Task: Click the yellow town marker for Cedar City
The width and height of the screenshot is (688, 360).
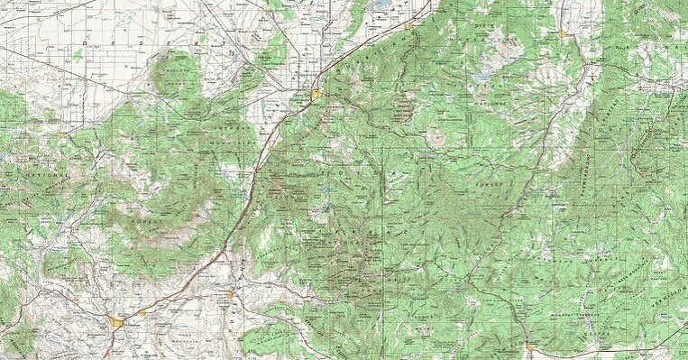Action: (x=317, y=93)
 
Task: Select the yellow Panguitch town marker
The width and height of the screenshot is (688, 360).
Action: (x=563, y=34)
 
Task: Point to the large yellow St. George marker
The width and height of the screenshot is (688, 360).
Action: (x=117, y=320)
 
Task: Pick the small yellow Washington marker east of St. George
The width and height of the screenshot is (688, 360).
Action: (x=142, y=312)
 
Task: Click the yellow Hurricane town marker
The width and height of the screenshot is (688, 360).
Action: (x=230, y=294)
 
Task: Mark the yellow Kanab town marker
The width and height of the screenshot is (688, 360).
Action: (x=528, y=346)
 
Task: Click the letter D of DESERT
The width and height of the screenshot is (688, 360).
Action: (x=85, y=42)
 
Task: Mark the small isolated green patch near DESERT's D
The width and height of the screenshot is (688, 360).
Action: (x=76, y=55)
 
